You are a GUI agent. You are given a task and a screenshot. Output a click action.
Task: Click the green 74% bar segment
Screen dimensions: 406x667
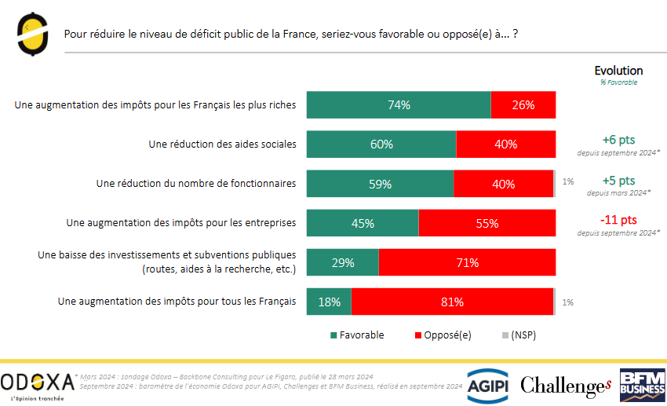pos(399,105)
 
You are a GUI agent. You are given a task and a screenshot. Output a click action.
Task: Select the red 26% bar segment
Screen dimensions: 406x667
pos(523,105)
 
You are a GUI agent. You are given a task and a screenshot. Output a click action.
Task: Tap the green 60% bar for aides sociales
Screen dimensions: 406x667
pos(381,144)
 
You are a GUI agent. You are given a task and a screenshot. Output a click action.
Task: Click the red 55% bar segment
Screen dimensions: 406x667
pos(487,223)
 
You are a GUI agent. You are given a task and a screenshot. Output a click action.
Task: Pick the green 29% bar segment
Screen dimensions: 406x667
pos(343,262)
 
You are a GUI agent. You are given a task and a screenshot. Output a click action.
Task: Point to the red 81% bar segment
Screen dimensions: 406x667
pos(452,302)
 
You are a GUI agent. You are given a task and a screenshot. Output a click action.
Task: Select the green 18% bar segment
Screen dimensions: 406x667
pos(329,302)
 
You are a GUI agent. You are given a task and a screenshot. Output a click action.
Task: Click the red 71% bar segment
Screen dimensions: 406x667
pos(467,262)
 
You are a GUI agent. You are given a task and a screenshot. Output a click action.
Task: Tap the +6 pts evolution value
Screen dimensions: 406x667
pos(618,140)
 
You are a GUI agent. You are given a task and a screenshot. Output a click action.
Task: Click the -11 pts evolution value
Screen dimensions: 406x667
pos(618,220)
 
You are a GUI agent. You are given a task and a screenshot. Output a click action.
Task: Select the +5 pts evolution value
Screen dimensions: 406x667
pos(618,180)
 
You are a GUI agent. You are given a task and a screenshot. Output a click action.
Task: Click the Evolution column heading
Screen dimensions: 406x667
pos(618,71)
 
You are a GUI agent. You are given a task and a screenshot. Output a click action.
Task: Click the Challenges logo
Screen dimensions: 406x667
pos(565,385)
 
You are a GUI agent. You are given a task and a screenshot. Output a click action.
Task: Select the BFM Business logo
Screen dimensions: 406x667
pos(642,384)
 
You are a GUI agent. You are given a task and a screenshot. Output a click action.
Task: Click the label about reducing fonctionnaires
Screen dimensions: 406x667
pos(195,184)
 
